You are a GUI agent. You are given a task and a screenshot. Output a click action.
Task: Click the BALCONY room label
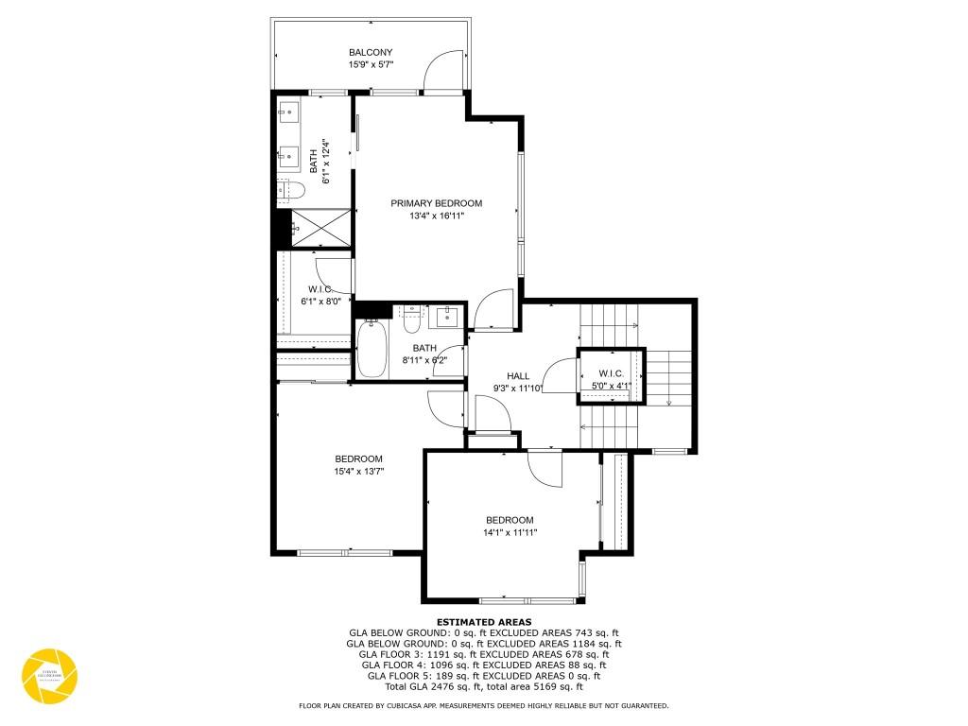click(371, 52)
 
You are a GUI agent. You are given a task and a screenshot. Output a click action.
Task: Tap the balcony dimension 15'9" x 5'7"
click(371, 65)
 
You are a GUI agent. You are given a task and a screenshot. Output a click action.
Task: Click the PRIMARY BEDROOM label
click(437, 203)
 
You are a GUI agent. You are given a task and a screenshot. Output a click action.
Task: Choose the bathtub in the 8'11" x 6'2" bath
click(372, 350)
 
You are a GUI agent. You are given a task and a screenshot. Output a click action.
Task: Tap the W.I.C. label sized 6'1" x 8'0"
click(320, 289)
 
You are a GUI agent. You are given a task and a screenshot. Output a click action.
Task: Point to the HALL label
click(517, 376)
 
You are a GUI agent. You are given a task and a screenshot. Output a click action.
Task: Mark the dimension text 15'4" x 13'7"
click(357, 471)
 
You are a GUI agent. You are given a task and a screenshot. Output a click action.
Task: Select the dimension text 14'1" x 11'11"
click(510, 532)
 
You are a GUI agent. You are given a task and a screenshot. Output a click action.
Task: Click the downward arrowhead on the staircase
click(669, 402)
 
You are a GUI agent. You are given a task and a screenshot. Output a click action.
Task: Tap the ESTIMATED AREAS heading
click(483, 622)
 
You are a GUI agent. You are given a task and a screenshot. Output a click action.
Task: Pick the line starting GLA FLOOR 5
click(483, 676)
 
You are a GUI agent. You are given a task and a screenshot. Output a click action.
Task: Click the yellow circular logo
click(50, 675)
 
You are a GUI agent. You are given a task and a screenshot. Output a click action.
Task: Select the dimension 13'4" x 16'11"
click(437, 216)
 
